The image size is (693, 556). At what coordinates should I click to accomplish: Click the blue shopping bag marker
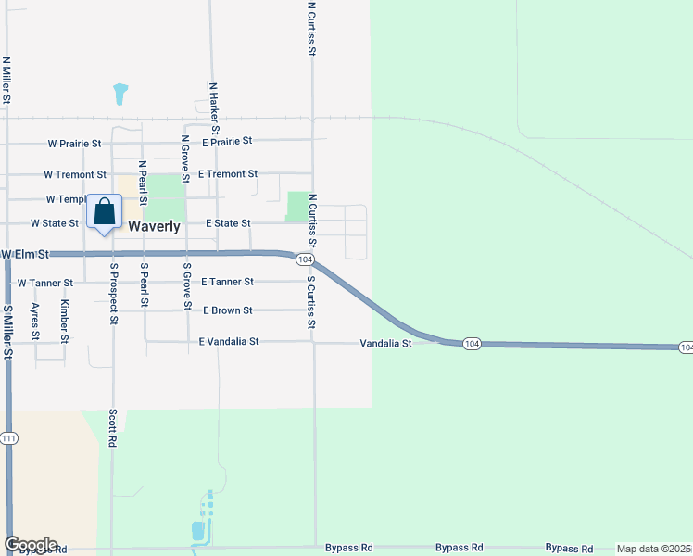point(104,212)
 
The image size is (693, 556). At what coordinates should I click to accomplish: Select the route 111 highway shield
point(9,437)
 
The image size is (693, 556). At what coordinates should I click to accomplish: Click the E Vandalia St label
point(229,342)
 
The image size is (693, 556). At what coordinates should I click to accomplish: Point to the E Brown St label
point(227,310)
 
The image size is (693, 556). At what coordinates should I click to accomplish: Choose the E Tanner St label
point(227,282)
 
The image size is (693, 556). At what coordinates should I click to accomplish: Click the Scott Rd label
point(113,429)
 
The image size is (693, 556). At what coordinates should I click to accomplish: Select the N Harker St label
point(213,107)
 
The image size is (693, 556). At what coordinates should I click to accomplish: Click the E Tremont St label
point(228,174)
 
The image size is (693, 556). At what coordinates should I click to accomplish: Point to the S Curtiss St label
point(311,302)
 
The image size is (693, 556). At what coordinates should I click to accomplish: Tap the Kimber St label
point(65,321)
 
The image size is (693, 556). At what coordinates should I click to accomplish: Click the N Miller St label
point(6,81)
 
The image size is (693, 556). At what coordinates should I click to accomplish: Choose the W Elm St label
point(23,254)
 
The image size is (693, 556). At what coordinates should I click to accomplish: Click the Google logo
point(31,545)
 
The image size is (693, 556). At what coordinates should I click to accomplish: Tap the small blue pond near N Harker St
point(120,94)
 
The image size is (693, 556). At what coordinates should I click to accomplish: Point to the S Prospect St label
point(114,294)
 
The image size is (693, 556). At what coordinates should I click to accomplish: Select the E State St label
point(228,223)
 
